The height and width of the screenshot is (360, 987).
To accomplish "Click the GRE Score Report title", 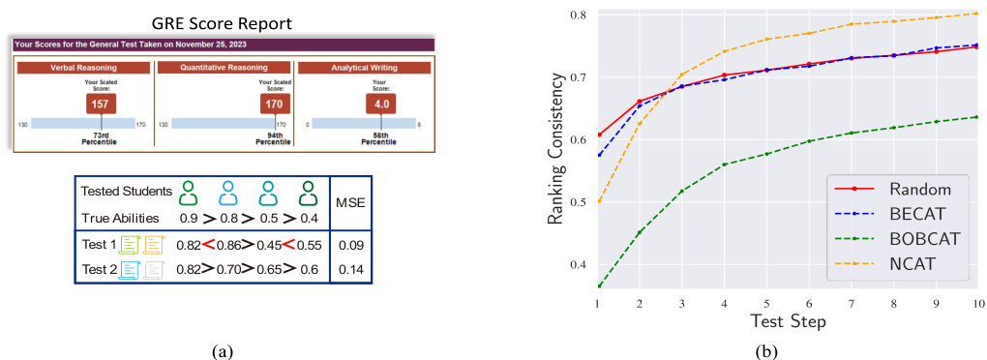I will coord(224,21).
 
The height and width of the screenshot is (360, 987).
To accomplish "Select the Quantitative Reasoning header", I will coord(224,68).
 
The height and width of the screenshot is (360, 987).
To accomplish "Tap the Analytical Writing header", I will coord(365,68).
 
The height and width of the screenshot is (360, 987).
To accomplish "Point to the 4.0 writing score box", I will coord(379,103).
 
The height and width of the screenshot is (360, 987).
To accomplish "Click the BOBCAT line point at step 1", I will coord(599,286).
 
